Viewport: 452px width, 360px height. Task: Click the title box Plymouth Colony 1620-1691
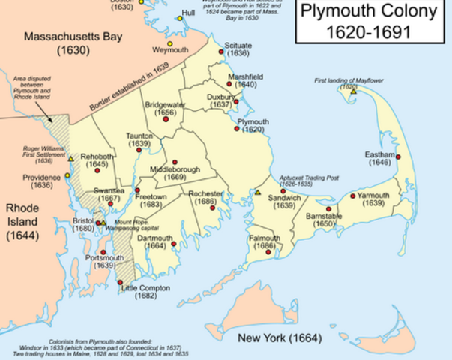[372, 22]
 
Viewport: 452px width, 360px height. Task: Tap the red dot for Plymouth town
[237, 129]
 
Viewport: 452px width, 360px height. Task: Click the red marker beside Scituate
[221, 52]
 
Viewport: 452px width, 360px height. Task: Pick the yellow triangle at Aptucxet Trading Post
[257, 193]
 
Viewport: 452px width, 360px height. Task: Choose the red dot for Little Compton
[121, 282]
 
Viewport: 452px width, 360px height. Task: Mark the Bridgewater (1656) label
[166, 107]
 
